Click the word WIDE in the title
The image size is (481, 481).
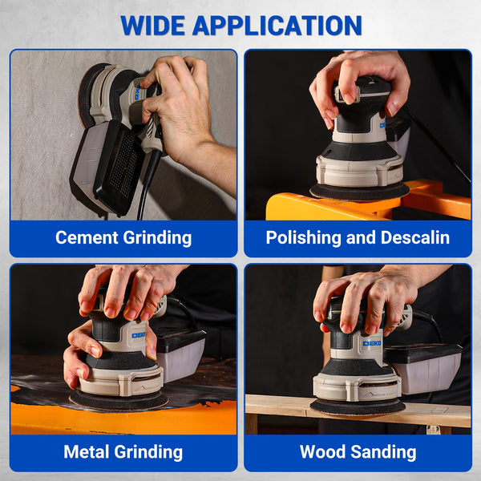155,25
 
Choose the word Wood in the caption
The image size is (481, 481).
322,451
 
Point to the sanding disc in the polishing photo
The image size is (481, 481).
359,192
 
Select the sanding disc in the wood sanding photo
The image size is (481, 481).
357,406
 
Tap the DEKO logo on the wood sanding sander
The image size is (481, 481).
371,343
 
